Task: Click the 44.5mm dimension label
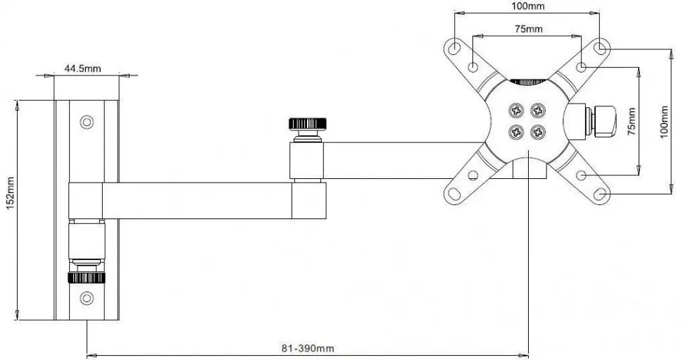coord(83,68)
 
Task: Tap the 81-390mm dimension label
coord(307,348)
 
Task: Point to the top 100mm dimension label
coord(527,6)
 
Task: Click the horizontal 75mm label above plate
coord(528,29)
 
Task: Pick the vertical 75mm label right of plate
coord(632,121)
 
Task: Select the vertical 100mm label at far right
coord(665,122)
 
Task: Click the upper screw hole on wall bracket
coord(87,122)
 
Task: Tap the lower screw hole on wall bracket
coord(87,297)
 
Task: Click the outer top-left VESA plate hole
coord(455,49)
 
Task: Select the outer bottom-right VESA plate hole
coord(601,193)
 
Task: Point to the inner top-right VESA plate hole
coord(582,66)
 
